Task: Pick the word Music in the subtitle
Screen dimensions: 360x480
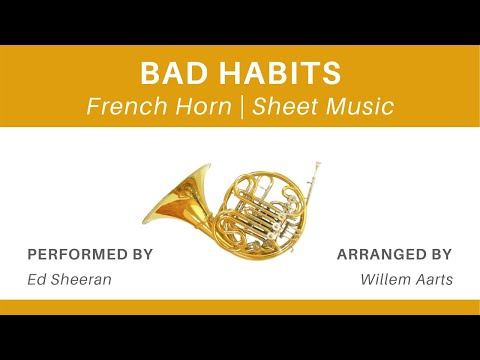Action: coord(358,106)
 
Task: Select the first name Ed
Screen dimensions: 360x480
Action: coord(36,279)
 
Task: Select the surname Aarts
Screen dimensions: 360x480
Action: coord(434,279)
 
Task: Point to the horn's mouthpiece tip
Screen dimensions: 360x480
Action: coord(318,162)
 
